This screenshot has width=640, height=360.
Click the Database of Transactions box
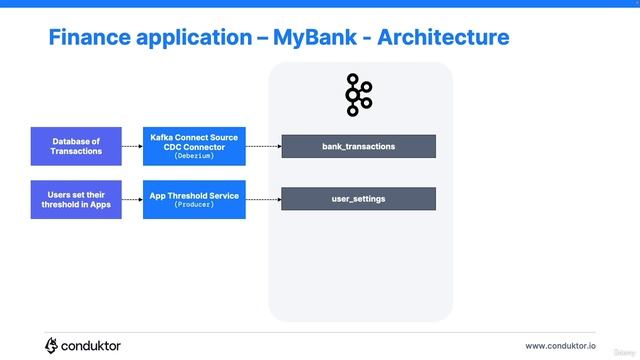(x=76, y=146)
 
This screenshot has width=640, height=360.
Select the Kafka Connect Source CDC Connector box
(x=194, y=146)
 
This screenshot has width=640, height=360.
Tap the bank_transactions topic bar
(x=358, y=146)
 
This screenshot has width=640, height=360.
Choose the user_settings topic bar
(x=358, y=199)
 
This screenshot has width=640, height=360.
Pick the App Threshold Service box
(x=194, y=199)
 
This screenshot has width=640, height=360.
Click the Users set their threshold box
(x=76, y=199)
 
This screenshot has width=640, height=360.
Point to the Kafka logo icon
(x=358, y=95)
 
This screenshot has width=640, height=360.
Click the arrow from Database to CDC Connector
(x=132, y=146)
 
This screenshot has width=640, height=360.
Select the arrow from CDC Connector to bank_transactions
(x=262, y=146)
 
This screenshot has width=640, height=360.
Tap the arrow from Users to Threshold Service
(x=132, y=199)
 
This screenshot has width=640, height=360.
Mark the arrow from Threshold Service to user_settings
(x=262, y=199)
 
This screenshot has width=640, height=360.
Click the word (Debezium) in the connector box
(x=194, y=157)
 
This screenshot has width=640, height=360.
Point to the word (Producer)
(x=194, y=205)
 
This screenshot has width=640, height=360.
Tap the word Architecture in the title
(x=444, y=38)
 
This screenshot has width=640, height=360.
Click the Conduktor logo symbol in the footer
(x=52, y=345)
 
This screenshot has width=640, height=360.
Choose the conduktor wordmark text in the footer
(x=92, y=346)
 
